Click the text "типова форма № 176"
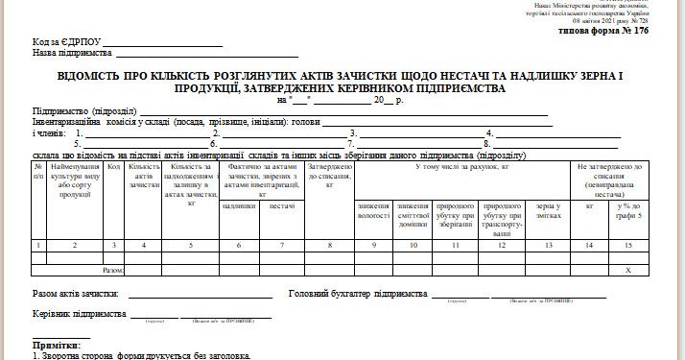pos(602,32)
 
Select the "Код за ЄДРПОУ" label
pos(66,43)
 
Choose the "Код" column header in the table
pos(113,167)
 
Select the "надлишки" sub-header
pos(239,205)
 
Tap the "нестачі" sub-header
pos(282,205)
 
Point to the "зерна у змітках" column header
pos(548,210)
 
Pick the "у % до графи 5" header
pos(629,210)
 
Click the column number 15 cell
pos(629,245)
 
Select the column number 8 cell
pos(330,245)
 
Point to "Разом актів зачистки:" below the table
pos(75,294)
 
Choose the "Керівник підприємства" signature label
pos(80,314)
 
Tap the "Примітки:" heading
pos(57,344)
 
